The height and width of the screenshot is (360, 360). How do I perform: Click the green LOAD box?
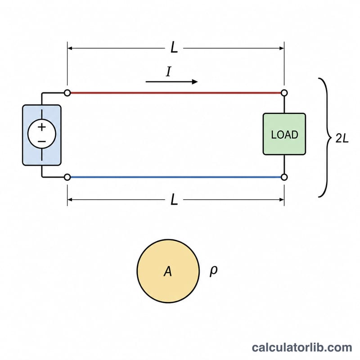[284, 134]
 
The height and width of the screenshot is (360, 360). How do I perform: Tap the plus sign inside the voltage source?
[42, 127]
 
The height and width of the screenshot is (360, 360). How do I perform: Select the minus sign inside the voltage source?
[42, 141]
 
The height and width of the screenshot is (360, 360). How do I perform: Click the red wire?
[175, 93]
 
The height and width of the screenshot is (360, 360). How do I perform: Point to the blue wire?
[175, 177]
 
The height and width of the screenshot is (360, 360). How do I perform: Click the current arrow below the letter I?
[171, 82]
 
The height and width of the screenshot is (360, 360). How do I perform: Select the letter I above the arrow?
[169, 72]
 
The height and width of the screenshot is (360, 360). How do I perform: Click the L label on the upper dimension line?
[174, 48]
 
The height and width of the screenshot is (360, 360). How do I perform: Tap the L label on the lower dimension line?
[174, 199]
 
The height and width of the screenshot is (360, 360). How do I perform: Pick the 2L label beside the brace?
[342, 138]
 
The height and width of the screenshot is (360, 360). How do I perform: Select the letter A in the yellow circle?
[168, 271]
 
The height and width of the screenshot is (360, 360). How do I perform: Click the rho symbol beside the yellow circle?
[213, 271]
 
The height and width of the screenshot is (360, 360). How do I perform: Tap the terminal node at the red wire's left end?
[67, 93]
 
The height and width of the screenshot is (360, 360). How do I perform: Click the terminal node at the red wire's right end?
[284, 93]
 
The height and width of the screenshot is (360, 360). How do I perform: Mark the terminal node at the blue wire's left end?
[67, 177]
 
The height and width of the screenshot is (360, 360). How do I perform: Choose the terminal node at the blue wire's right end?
[284, 177]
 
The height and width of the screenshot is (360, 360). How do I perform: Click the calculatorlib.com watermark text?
[302, 347]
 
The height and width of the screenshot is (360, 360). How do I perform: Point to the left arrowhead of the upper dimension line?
[70, 48]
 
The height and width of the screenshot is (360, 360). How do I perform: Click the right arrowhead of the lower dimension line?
[282, 200]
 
